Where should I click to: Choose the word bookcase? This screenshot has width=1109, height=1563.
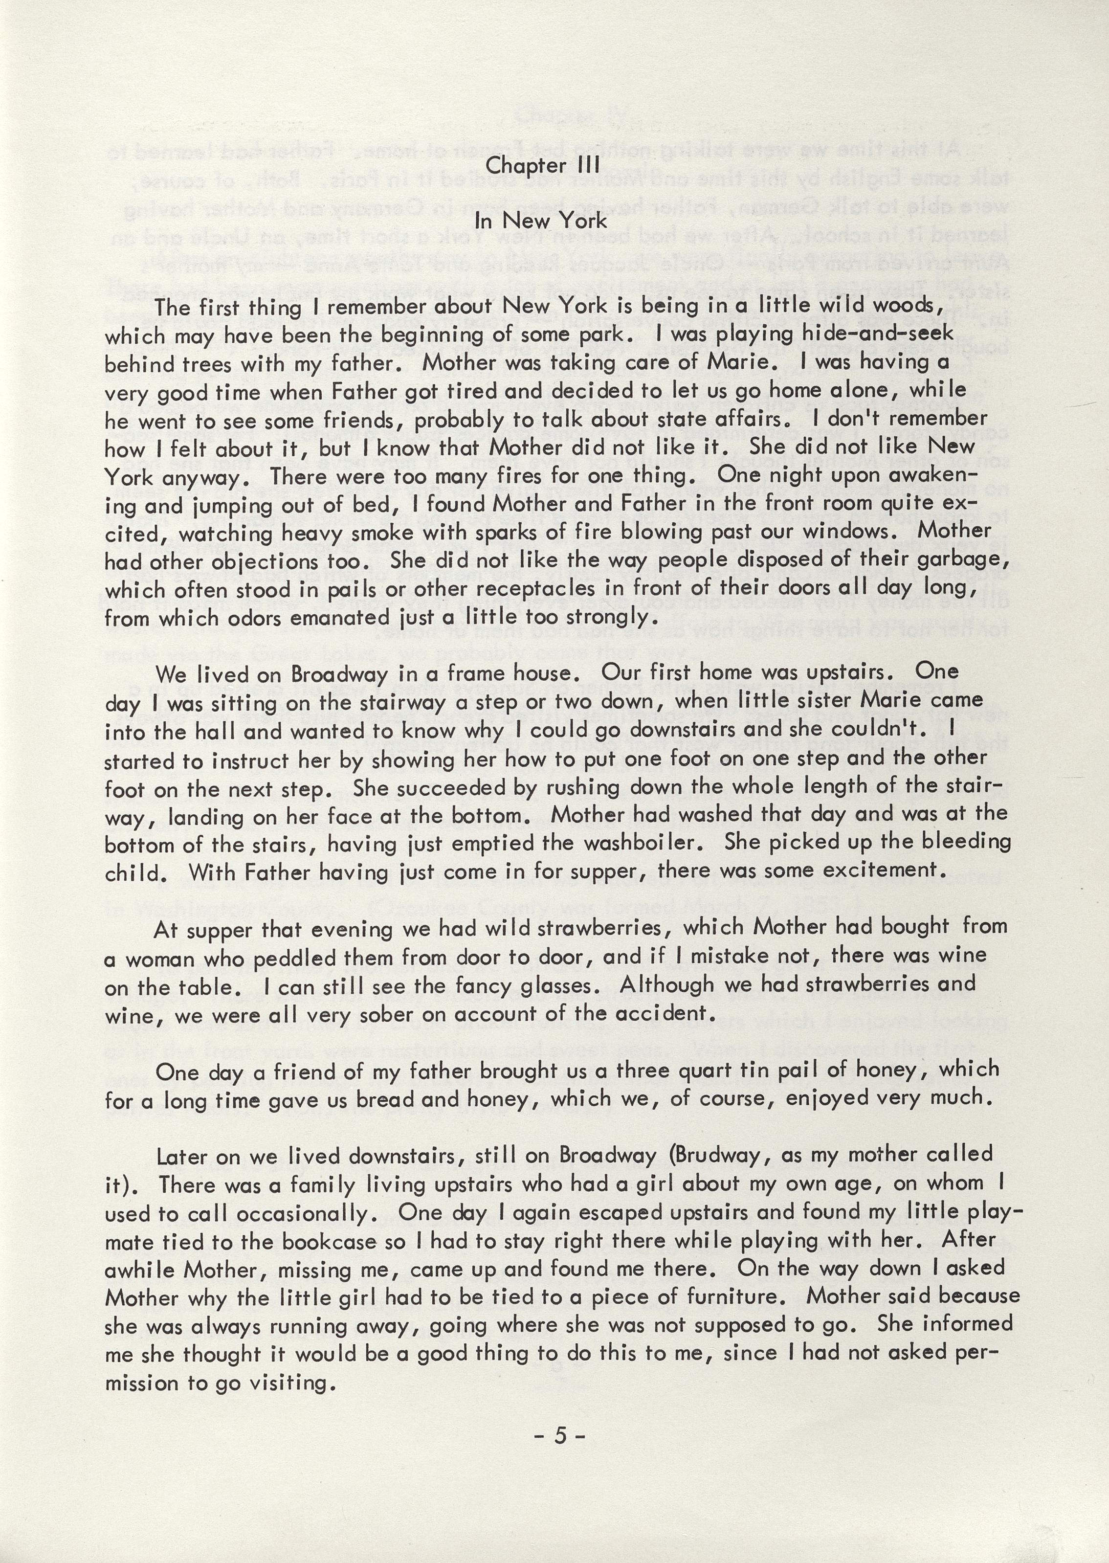click(331, 1241)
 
